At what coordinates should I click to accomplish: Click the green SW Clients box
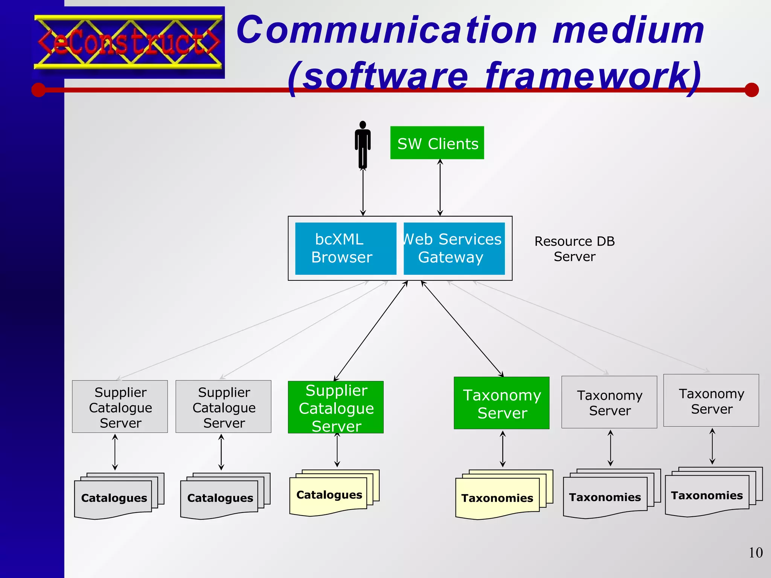[437, 143]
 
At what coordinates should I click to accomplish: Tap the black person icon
[363, 145]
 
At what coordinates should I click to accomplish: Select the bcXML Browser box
[345, 248]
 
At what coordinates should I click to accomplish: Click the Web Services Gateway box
[454, 248]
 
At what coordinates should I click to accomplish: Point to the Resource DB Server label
[574, 249]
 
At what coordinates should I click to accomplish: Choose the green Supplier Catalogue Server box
[335, 407]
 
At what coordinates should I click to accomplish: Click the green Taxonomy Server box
[501, 403]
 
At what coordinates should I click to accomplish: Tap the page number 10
[755, 552]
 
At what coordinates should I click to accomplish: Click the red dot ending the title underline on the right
[751, 90]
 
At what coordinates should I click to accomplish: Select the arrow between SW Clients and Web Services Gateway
[440, 187]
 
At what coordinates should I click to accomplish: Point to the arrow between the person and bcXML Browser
[363, 192]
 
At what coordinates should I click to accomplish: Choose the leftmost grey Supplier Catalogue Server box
[120, 406]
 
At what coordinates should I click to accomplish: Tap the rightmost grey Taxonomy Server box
[711, 400]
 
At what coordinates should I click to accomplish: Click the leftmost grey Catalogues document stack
[114, 497]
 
